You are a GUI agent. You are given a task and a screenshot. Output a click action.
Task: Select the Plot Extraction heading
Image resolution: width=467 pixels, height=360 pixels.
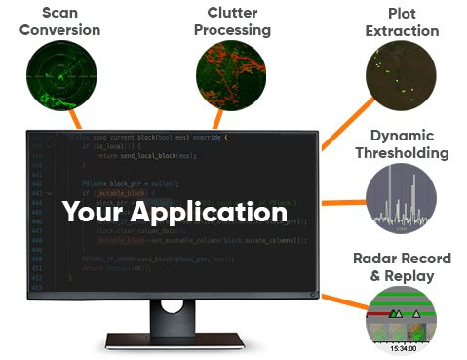pos(402,21)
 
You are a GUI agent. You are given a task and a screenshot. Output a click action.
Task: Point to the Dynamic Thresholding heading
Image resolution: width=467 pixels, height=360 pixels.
pos(402,144)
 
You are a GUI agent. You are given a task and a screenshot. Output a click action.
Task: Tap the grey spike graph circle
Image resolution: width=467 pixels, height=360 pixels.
pos(402,197)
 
